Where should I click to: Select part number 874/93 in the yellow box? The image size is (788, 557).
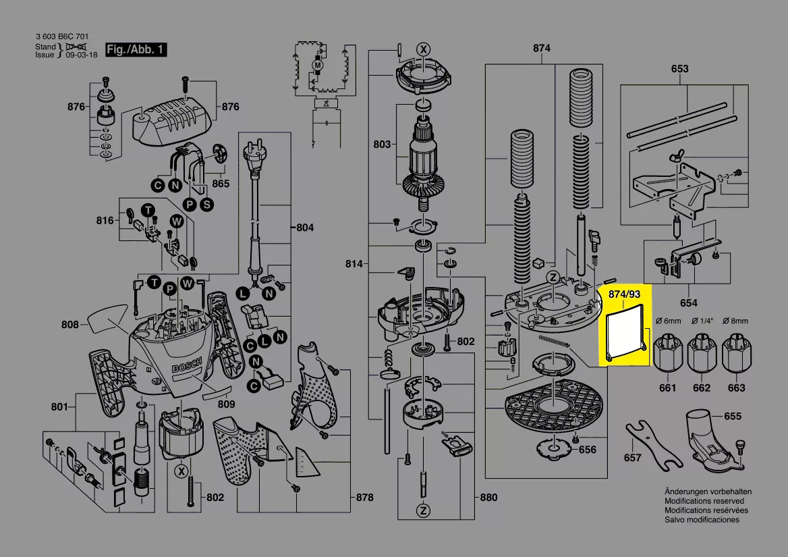click(x=625, y=295)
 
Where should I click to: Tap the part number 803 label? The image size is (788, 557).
click(x=382, y=144)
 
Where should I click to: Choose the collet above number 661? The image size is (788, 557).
click(x=667, y=353)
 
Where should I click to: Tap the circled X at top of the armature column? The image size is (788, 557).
click(x=423, y=49)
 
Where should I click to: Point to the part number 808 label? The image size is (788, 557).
click(x=70, y=325)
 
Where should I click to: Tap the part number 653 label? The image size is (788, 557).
click(x=679, y=69)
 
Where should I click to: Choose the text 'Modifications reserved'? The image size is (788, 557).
click(x=704, y=501)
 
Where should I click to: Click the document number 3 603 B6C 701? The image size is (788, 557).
click(x=61, y=36)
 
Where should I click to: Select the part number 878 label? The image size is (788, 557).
click(x=364, y=498)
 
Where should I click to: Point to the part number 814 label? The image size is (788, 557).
click(x=354, y=263)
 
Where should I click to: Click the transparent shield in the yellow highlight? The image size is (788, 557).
click(x=625, y=332)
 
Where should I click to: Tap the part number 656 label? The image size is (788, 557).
click(x=588, y=450)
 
